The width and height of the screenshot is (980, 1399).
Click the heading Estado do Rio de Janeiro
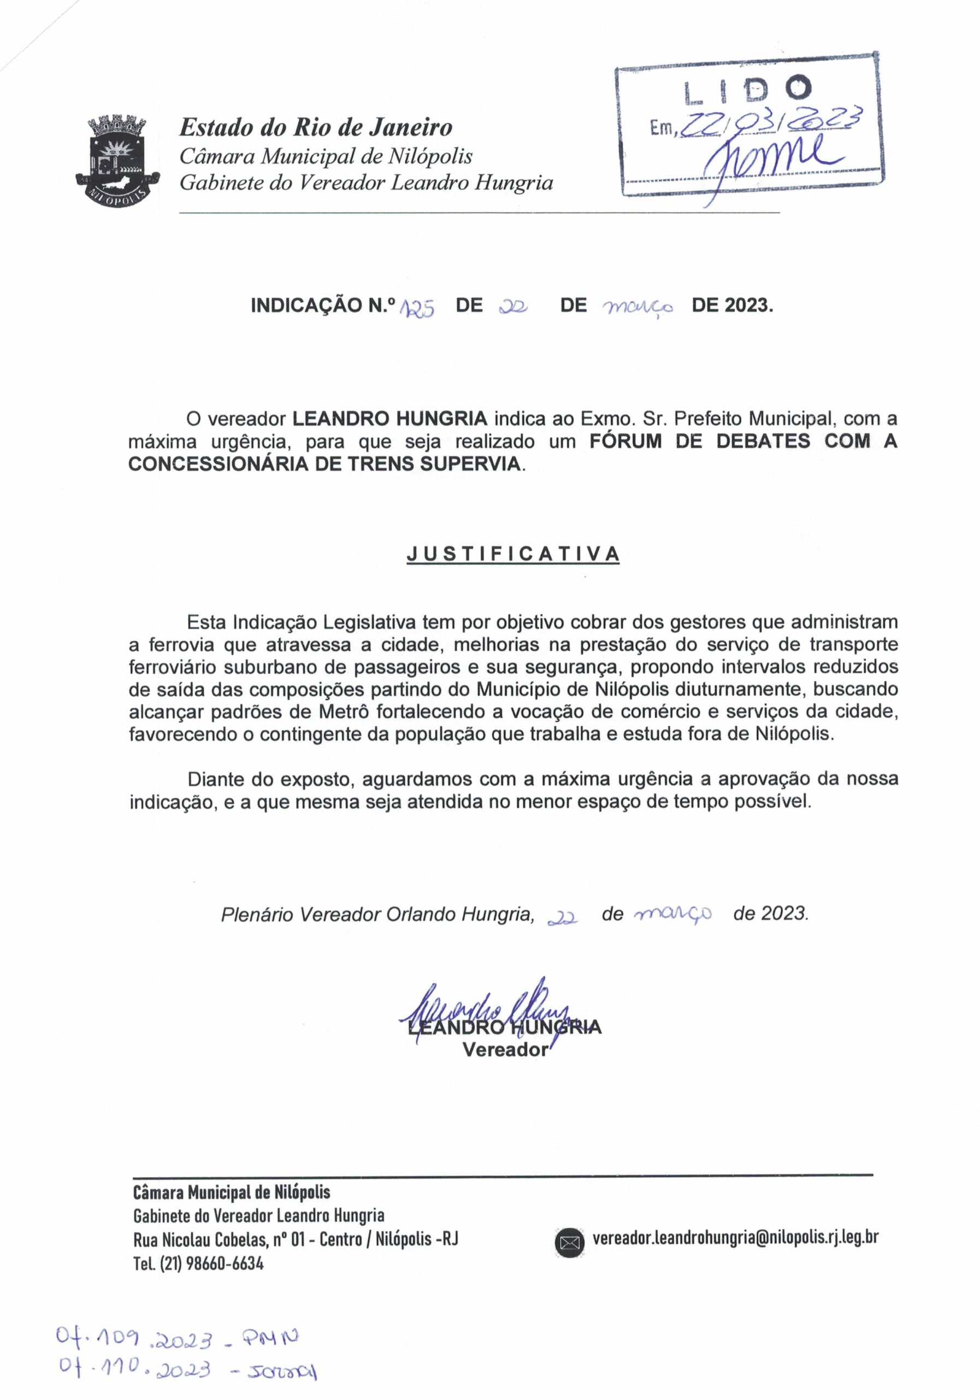point(316,127)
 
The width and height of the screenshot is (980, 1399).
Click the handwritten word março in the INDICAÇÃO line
point(637,308)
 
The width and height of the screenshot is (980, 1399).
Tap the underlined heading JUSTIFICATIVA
point(513,554)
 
